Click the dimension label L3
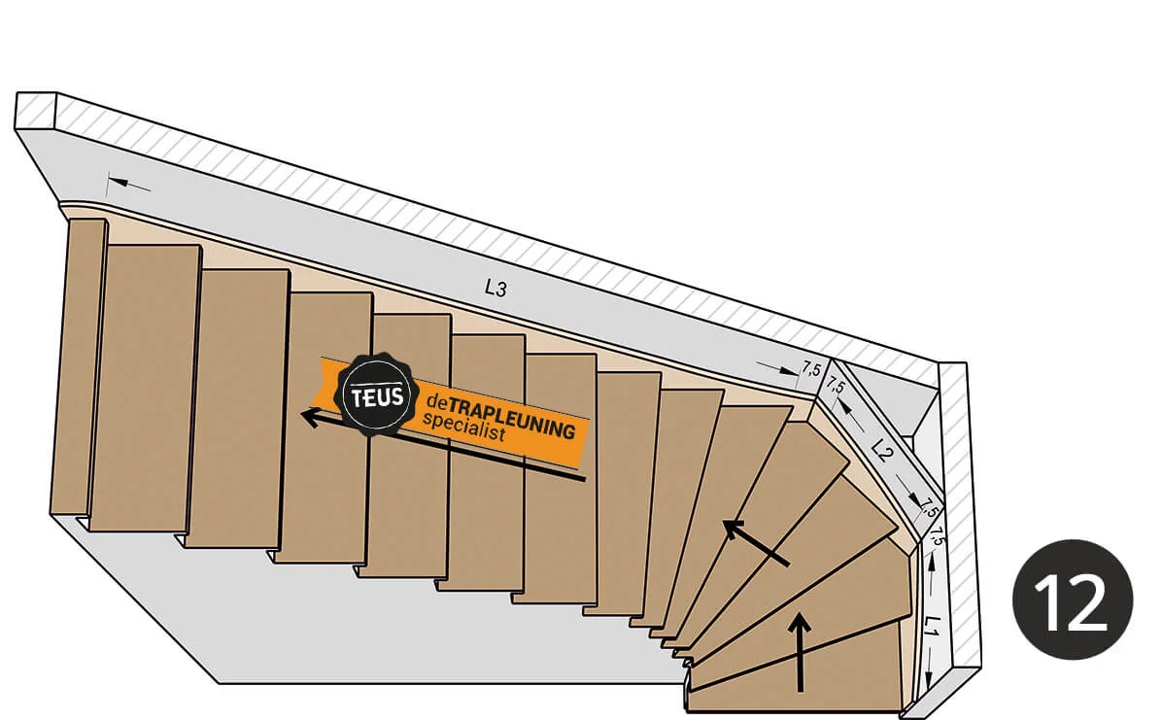click(496, 288)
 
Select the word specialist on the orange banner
click(464, 429)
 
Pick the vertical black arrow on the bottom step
click(801, 652)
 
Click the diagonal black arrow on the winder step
click(755, 541)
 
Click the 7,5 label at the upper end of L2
click(835, 390)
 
